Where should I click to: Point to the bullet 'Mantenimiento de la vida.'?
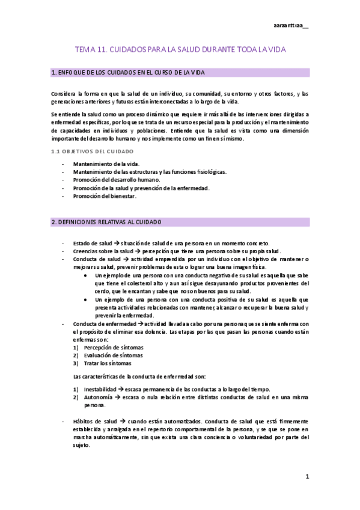(105, 164)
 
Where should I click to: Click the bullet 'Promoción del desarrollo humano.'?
(117, 180)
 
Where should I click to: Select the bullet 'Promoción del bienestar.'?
(105, 196)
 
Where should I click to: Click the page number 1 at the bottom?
(307, 477)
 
